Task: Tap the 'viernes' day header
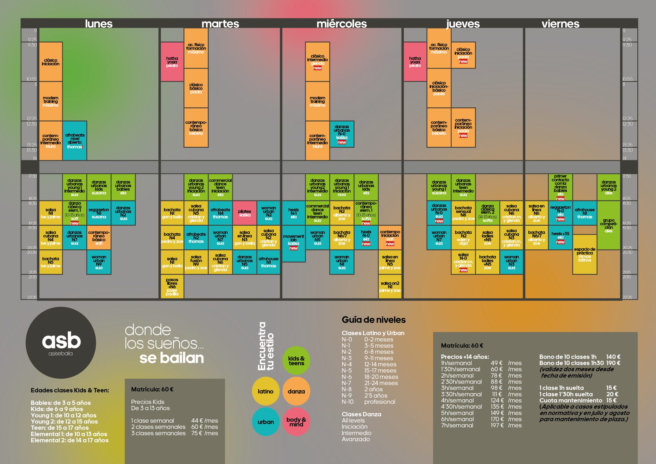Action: [560, 24]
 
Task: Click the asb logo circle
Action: [61, 342]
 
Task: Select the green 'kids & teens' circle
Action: [296, 360]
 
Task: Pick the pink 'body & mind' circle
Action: [296, 422]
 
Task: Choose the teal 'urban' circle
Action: [266, 422]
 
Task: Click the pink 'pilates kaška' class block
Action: [244, 213]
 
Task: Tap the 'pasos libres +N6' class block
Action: [172, 286]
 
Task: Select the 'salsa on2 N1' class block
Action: [390, 286]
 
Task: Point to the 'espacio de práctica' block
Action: [585, 254]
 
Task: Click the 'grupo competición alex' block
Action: [609, 225]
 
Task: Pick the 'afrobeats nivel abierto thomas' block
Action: [75, 141]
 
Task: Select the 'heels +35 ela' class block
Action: [560, 237]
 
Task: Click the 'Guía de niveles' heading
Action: [373, 320]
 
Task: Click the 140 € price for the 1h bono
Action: [613, 357]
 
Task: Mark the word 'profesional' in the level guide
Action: [380, 402]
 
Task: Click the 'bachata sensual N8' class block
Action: [463, 213]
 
